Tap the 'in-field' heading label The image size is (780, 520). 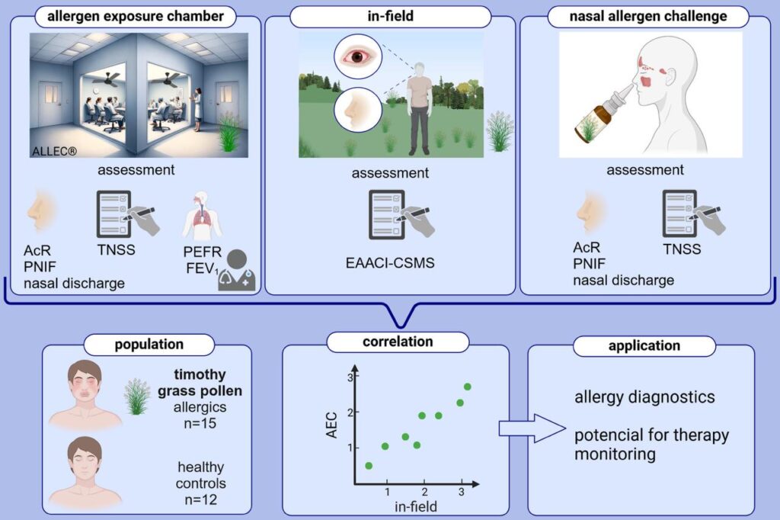coord(389,15)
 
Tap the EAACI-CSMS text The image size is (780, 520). coord(388,263)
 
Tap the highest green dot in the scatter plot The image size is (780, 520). coord(467,387)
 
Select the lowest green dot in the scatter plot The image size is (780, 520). coord(369,465)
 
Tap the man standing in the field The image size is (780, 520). coord(419,107)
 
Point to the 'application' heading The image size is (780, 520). coord(644,345)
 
